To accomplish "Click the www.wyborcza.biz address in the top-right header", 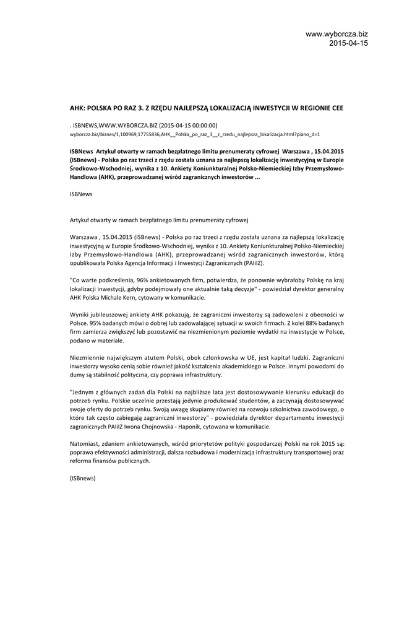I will pos(336,34).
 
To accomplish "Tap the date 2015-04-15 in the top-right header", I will pos(348,43).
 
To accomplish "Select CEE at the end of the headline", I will pos(336,108).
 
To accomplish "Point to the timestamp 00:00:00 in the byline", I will pos(203,124).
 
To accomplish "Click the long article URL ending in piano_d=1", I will pos(194,134).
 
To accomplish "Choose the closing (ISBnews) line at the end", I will pos(83,479).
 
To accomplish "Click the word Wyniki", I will pos(79,315).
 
